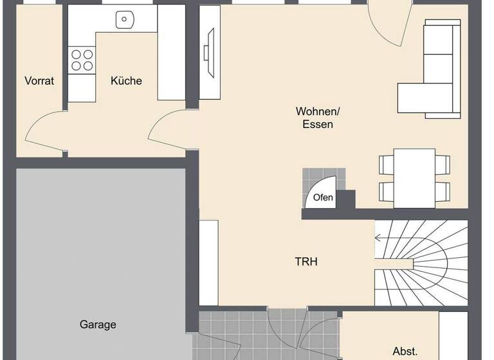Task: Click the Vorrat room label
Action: (39, 81)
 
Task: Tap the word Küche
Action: (126, 81)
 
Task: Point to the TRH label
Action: (306, 262)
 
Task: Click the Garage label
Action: (98, 325)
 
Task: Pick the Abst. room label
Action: (405, 351)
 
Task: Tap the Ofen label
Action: (323, 197)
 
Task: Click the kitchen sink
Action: (123, 21)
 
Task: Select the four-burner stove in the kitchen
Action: (81, 60)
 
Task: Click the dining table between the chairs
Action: (414, 177)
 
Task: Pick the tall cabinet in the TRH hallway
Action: (208, 262)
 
